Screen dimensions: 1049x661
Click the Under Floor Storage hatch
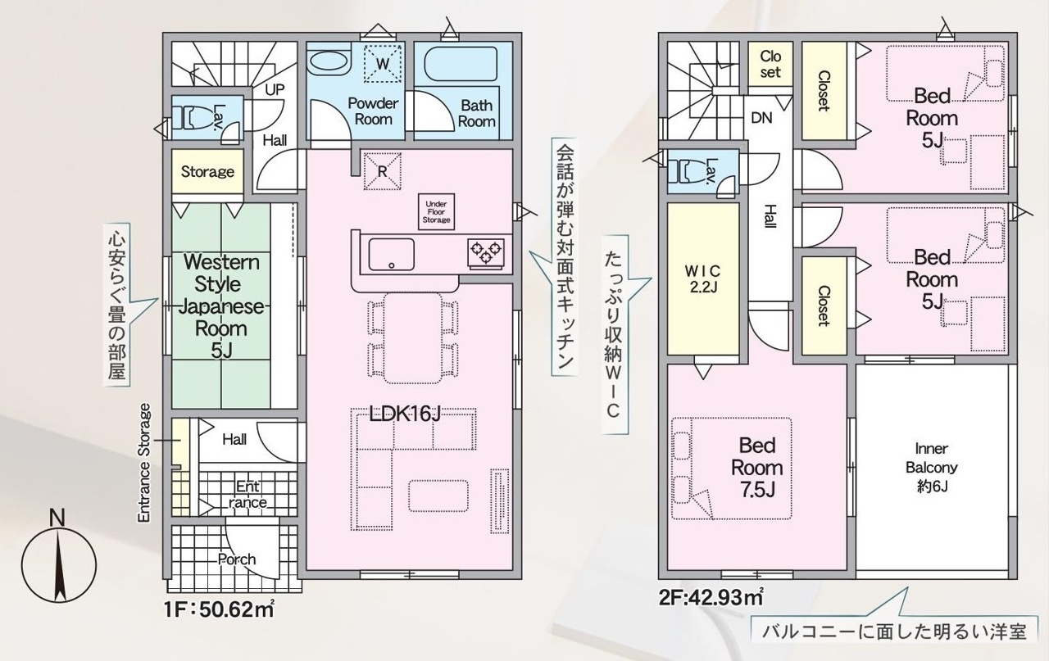437,212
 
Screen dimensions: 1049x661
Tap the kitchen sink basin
392,255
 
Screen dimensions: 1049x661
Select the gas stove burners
486,254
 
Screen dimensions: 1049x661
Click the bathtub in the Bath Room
461,65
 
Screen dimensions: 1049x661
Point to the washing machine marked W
383,64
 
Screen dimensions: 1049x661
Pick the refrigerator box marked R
383,172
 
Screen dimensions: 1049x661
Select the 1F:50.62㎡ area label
219,609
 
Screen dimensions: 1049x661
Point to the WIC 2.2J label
702,279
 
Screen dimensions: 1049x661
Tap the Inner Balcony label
931,468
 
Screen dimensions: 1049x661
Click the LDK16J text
405,414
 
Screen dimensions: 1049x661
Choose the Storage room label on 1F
207,172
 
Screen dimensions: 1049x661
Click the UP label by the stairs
275,89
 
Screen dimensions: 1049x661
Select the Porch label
237,559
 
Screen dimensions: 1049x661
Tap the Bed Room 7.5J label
756,468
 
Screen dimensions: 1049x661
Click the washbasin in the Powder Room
329,63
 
